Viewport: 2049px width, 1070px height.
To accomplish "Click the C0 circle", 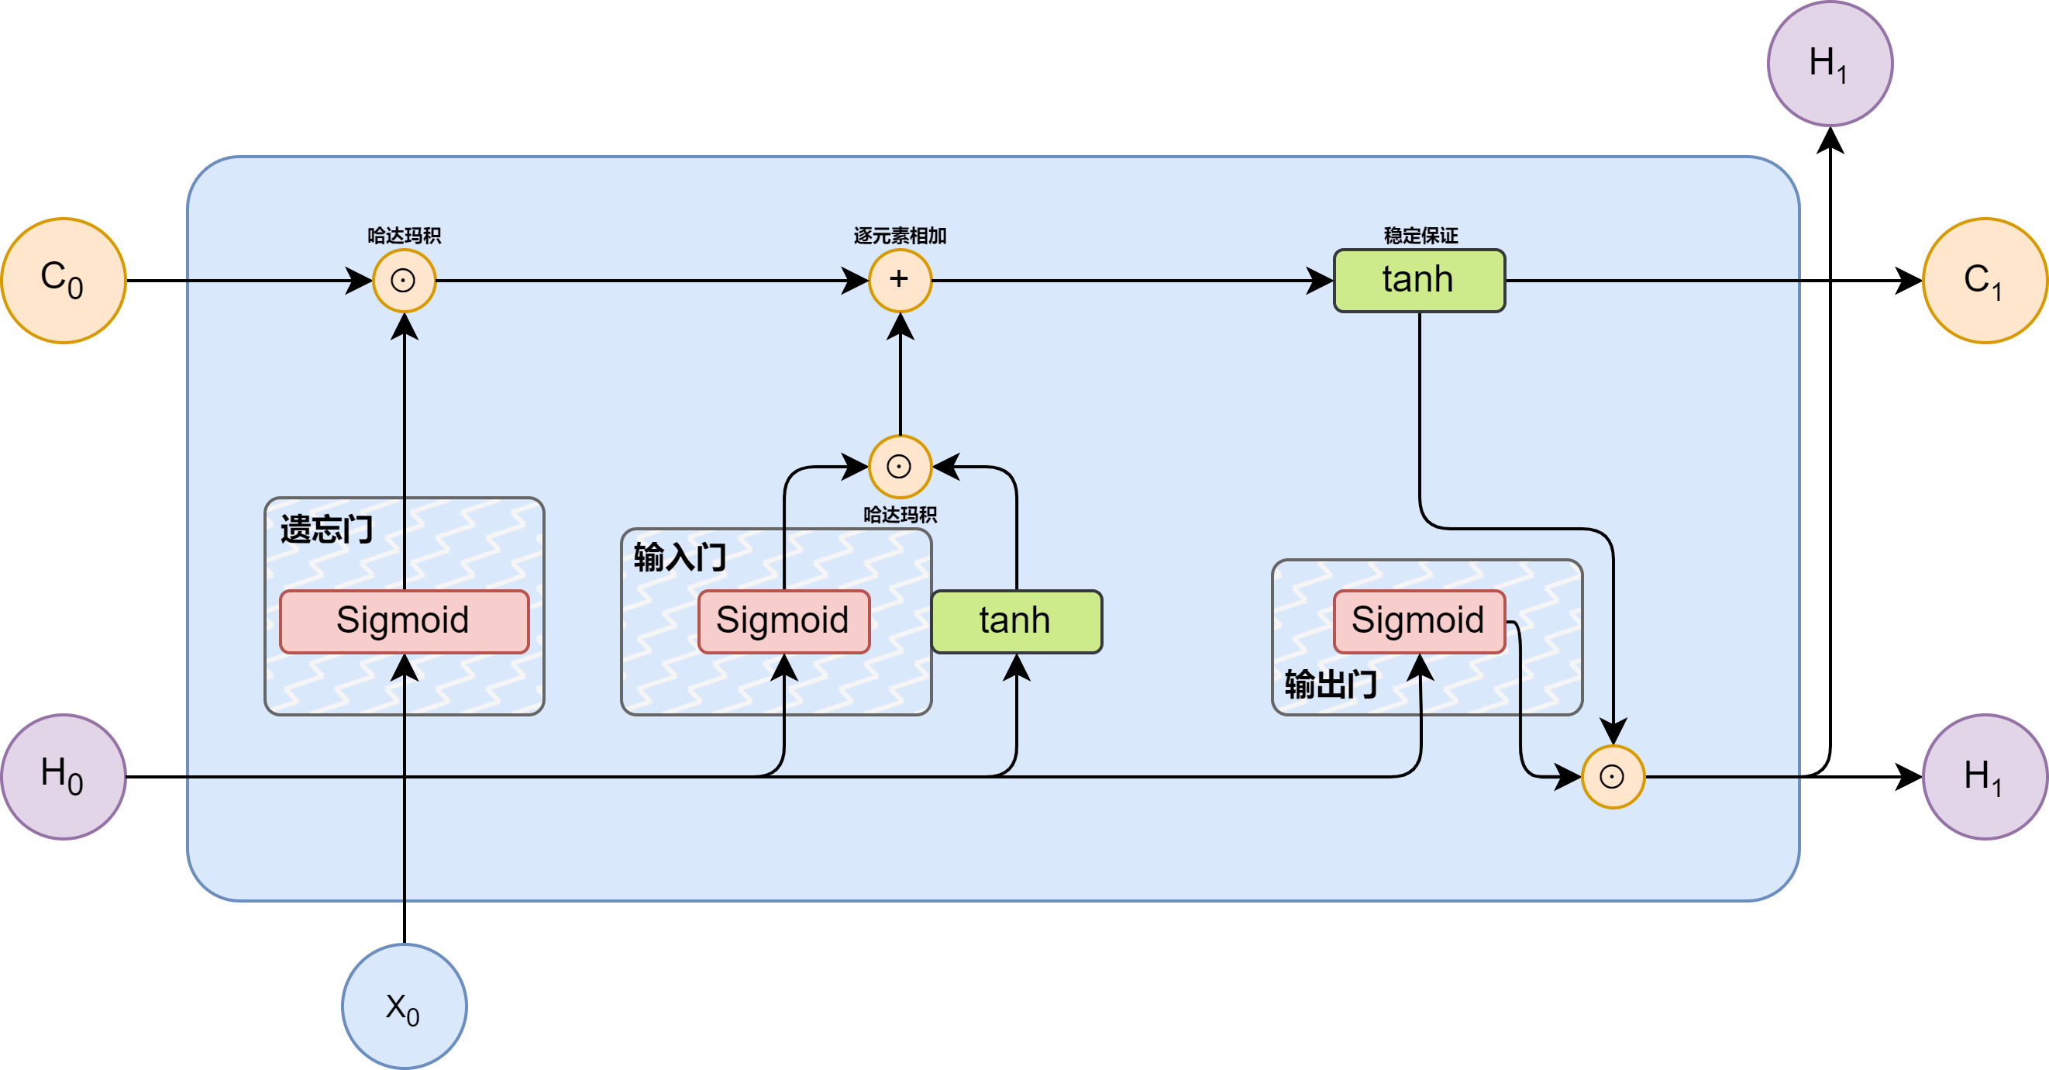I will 64,280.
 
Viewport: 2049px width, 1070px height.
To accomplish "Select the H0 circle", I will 64,775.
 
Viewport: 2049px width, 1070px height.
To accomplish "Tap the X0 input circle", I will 404,1006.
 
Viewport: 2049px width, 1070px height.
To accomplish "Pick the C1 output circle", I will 1985,280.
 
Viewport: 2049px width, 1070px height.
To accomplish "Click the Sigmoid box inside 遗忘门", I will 404,621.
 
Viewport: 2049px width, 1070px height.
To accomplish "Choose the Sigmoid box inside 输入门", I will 783,621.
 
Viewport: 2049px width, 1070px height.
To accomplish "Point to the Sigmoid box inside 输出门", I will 1419,621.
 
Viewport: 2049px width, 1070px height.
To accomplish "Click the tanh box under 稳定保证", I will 1419,280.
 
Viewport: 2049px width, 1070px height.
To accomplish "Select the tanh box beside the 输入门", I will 1017,621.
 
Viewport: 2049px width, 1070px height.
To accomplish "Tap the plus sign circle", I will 900,280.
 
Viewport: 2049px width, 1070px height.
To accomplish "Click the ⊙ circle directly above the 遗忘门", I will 404,280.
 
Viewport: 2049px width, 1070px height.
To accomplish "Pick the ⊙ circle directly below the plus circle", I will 900,466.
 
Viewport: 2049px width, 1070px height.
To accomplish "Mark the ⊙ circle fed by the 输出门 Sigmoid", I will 1613,776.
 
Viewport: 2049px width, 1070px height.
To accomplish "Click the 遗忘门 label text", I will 326,529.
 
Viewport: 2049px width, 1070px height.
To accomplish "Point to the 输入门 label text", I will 680,557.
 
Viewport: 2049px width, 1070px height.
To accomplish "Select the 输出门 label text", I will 1330,684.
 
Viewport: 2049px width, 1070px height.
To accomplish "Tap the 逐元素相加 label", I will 900,236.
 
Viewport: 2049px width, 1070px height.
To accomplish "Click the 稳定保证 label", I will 1421,236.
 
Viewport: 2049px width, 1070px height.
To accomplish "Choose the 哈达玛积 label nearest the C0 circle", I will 404,236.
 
